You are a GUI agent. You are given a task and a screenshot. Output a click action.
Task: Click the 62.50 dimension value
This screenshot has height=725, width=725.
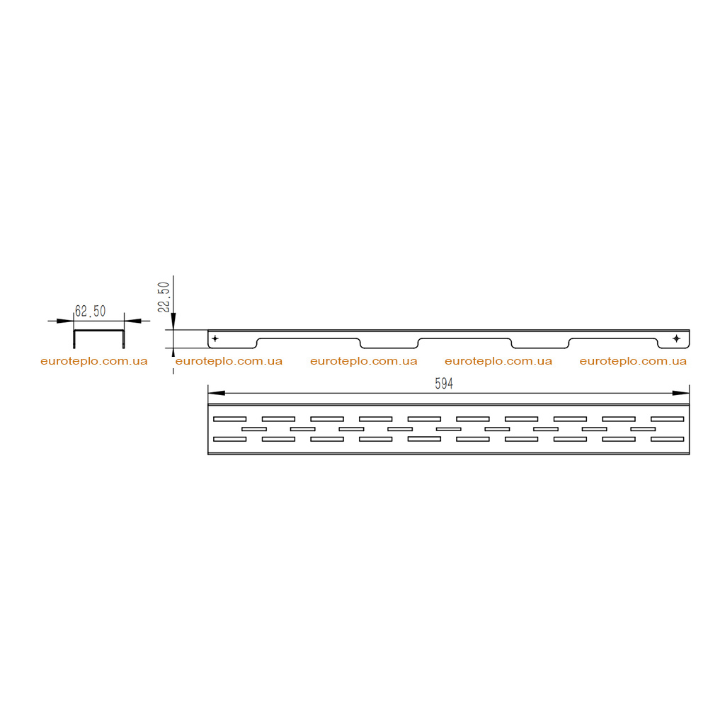[x=91, y=311]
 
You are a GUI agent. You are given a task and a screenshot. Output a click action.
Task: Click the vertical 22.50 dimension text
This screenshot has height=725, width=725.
[x=164, y=297]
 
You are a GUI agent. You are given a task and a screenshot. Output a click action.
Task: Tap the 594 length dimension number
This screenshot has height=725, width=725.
[x=444, y=383]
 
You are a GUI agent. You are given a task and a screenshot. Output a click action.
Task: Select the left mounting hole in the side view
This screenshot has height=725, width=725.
[x=215, y=338]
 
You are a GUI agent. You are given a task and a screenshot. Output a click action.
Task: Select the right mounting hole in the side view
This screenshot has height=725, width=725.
[x=676, y=338]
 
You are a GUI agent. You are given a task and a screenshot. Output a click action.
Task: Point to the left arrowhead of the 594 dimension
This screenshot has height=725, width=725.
[x=217, y=393]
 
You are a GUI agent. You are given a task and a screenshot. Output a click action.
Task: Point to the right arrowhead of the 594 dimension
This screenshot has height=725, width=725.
[x=680, y=393]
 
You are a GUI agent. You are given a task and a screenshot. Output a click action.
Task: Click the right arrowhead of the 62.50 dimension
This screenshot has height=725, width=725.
[x=132, y=321]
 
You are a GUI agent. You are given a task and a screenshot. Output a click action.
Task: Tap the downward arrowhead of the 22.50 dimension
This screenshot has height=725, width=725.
[x=173, y=321]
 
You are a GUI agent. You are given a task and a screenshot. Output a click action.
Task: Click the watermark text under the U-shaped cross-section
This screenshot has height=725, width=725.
[x=94, y=361]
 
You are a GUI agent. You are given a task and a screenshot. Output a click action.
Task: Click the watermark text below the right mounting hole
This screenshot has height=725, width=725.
[x=633, y=361]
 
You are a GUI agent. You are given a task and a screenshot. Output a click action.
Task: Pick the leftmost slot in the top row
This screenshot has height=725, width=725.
[x=230, y=419]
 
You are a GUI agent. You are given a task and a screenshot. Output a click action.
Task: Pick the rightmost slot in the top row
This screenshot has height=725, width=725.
[x=667, y=419]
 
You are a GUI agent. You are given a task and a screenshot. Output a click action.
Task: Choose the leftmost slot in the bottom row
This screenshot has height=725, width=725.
[x=230, y=439]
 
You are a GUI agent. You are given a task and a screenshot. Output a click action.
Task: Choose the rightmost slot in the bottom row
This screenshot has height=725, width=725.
[x=667, y=439]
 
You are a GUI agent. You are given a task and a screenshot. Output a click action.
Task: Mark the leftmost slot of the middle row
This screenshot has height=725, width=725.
[x=254, y=429]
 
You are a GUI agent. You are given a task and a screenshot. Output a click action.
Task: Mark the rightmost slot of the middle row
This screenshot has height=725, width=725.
[x=643, y=429]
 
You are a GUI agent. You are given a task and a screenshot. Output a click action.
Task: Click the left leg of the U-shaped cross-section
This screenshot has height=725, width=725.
[x=74, y=339]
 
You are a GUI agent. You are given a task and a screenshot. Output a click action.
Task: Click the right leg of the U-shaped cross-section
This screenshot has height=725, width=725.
[x=123, y=339]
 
